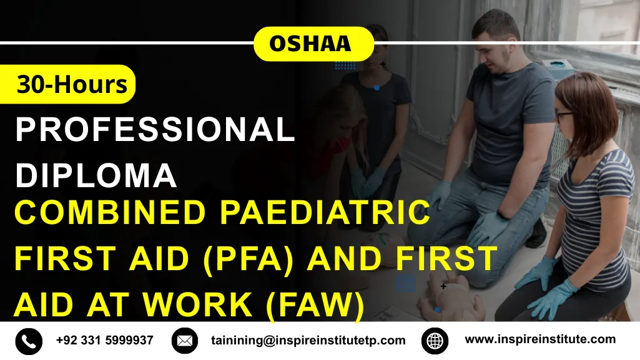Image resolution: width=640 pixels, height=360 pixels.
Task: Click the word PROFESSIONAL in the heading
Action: (155, 130)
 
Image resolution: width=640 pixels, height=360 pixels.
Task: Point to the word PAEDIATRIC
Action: (325, 212)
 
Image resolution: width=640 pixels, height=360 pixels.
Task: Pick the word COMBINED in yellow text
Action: (110, 212)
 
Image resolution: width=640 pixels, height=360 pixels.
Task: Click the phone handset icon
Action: (29, 341)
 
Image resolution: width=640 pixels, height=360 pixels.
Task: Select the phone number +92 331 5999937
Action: (104, 341)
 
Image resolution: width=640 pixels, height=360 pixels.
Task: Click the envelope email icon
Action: (184, 341)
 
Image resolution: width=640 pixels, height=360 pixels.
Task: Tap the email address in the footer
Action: (308, 341)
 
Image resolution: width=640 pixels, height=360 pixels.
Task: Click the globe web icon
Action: (435, 341)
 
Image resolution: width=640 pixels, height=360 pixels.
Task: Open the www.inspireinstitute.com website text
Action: (540, 340)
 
